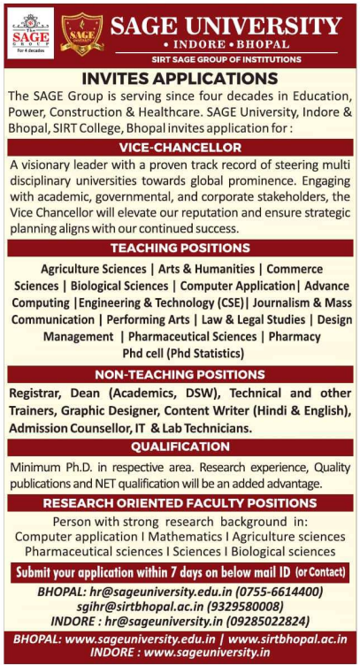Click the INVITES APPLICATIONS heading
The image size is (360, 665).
pos(180,78)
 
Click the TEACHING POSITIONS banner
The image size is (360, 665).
pos(180,248)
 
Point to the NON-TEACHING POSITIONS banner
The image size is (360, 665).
pos(180,374)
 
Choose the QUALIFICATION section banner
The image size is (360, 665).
pos(180,447)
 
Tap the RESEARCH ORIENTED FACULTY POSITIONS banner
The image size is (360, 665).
pos(180,502)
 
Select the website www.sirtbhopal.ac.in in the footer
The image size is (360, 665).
pos(288,639)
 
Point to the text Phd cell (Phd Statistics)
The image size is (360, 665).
pos(180,353)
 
